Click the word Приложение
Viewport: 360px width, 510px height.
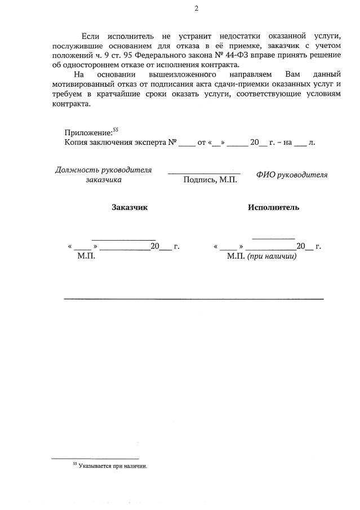[87, 132]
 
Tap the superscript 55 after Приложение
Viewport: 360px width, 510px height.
[115, 130]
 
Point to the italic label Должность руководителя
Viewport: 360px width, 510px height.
[103, 170]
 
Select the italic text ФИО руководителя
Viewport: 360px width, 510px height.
[291, 175]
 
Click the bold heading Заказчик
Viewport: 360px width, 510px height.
[130, 207]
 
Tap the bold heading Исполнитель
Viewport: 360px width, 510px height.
[273, 207]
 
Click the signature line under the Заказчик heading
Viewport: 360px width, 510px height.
[123, 240]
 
